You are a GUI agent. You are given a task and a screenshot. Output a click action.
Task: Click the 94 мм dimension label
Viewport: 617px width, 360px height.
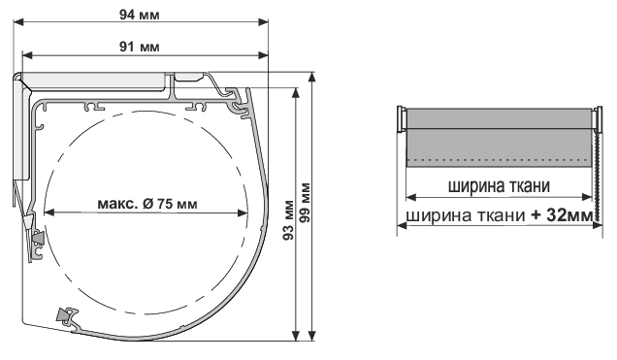point(140,15)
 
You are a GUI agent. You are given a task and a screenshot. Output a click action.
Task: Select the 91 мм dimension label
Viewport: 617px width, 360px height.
point(140,48)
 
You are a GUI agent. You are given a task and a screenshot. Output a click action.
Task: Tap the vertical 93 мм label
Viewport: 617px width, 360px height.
point(289,220)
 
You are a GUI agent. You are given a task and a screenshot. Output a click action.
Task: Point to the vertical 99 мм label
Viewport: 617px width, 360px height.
point(305,203)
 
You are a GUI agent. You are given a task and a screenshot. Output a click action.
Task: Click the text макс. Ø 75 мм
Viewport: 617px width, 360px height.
point(147,204)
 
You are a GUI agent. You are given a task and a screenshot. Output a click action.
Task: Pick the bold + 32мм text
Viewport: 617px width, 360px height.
point(562,215)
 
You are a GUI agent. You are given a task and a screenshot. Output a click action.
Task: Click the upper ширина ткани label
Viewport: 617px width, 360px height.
point(499,185)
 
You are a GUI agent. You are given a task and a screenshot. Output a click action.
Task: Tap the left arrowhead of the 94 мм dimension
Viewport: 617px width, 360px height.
point(18,22)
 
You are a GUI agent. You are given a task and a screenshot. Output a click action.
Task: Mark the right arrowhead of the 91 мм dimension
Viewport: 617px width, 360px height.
point(263,55)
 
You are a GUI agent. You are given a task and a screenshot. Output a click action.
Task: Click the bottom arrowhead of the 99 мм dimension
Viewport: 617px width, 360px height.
point(312,336)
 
